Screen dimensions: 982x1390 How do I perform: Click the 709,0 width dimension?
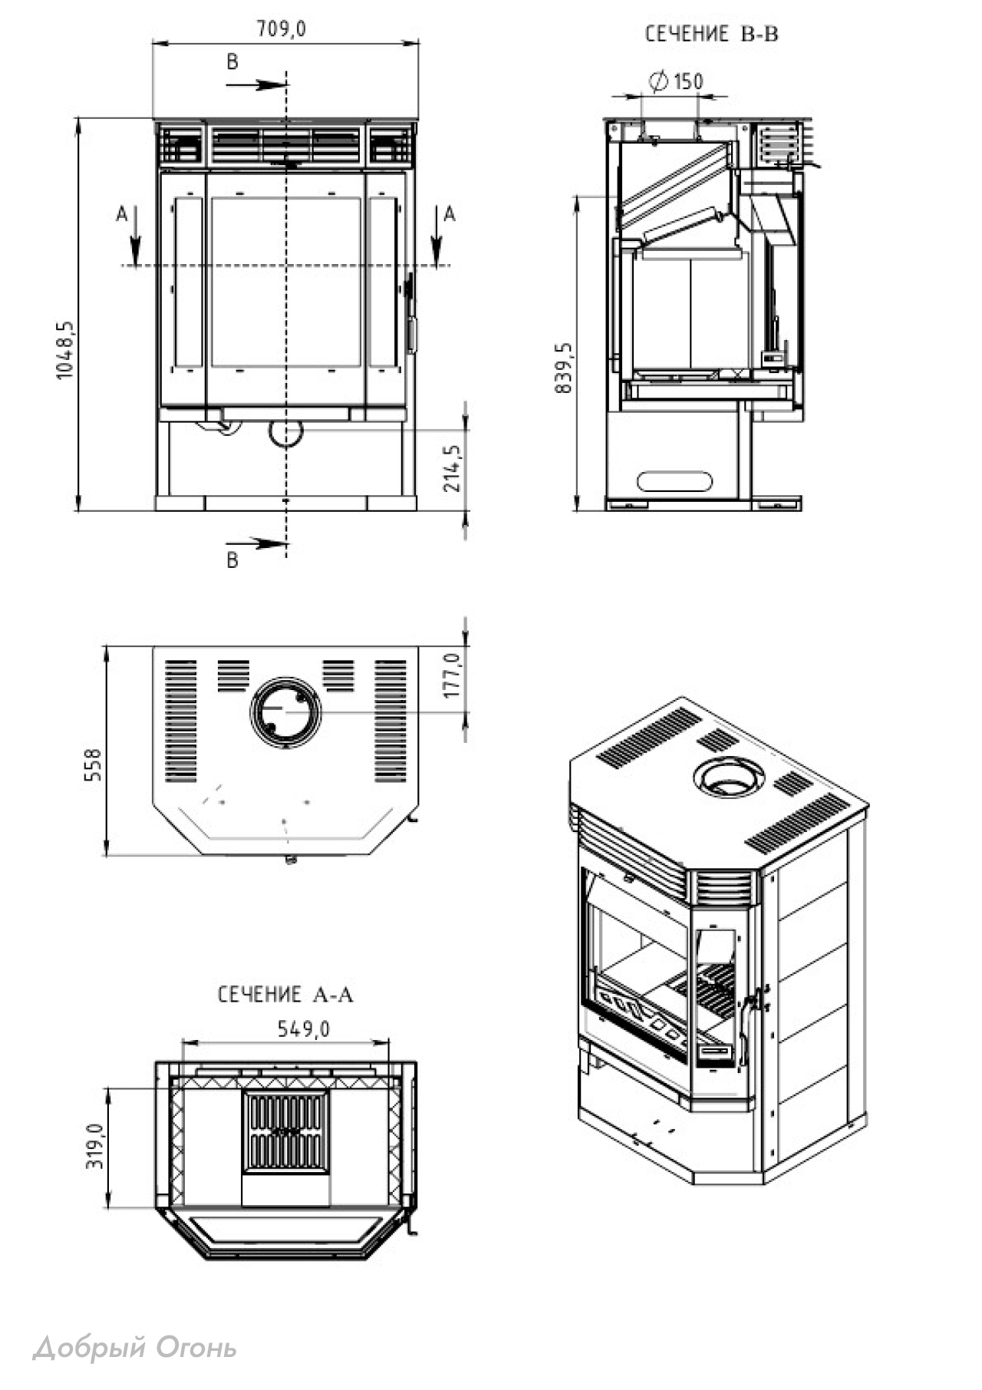tap(281, 28)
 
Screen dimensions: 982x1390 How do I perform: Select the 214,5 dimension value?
tap(453, 468)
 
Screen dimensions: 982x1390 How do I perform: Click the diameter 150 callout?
tap(676, 81)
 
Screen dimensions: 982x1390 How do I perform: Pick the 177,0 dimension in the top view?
tap(452, 675)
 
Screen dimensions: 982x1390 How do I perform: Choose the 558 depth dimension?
tap(93, 765)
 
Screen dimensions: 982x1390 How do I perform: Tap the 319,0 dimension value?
tap(94, 1147)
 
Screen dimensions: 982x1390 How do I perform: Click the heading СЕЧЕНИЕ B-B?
tap(711, 34)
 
